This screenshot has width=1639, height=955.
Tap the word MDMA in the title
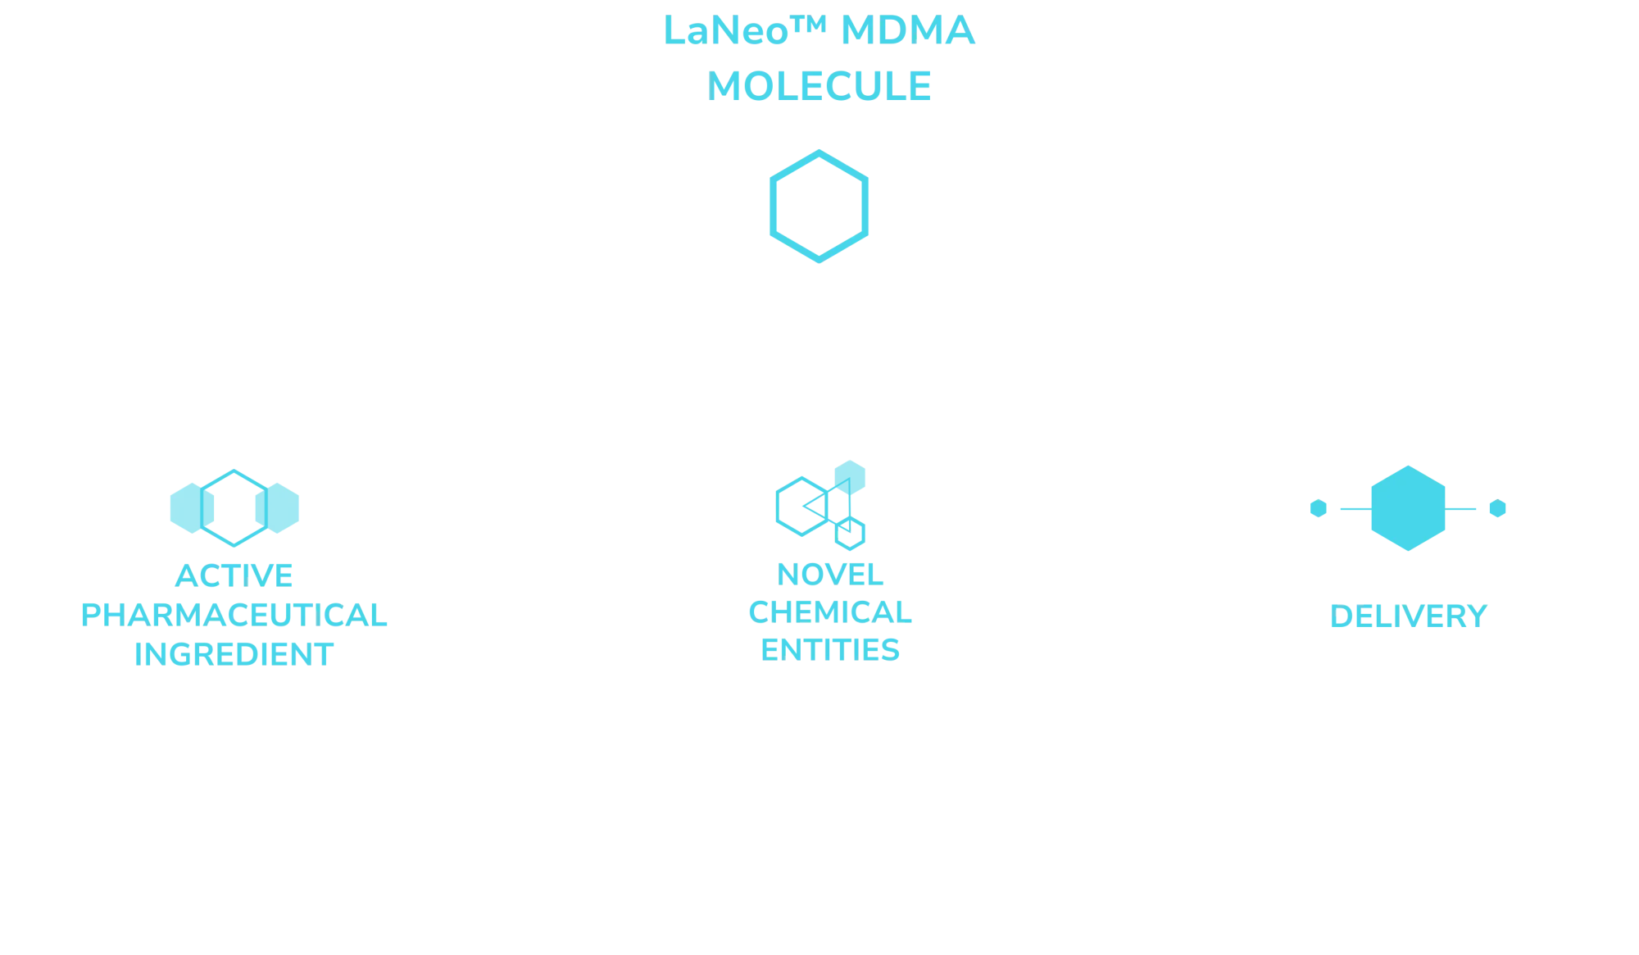(x=907, y=31)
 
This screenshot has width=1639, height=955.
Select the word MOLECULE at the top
(x=819, y=85)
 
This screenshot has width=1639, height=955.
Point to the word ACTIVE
(x=234, y=575)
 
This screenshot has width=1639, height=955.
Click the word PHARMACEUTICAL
(x=234, y=615)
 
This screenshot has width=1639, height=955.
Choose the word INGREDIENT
(x=234, y=654)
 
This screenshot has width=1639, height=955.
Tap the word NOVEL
(x=829, y=574)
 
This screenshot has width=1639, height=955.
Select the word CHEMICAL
(x=831, y=612)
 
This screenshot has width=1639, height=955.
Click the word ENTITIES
(x=831, y=649)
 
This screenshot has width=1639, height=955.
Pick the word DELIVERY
(x=1407, y=616)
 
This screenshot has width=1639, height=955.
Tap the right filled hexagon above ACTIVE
(x=279, y=508)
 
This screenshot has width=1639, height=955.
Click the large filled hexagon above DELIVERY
(x=1407, y=508)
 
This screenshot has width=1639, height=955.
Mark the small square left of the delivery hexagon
(x=1318, y=508)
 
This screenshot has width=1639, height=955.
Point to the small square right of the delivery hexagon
(x=1497, y=508)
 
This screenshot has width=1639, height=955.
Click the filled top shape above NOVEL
(x=851, y=477)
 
